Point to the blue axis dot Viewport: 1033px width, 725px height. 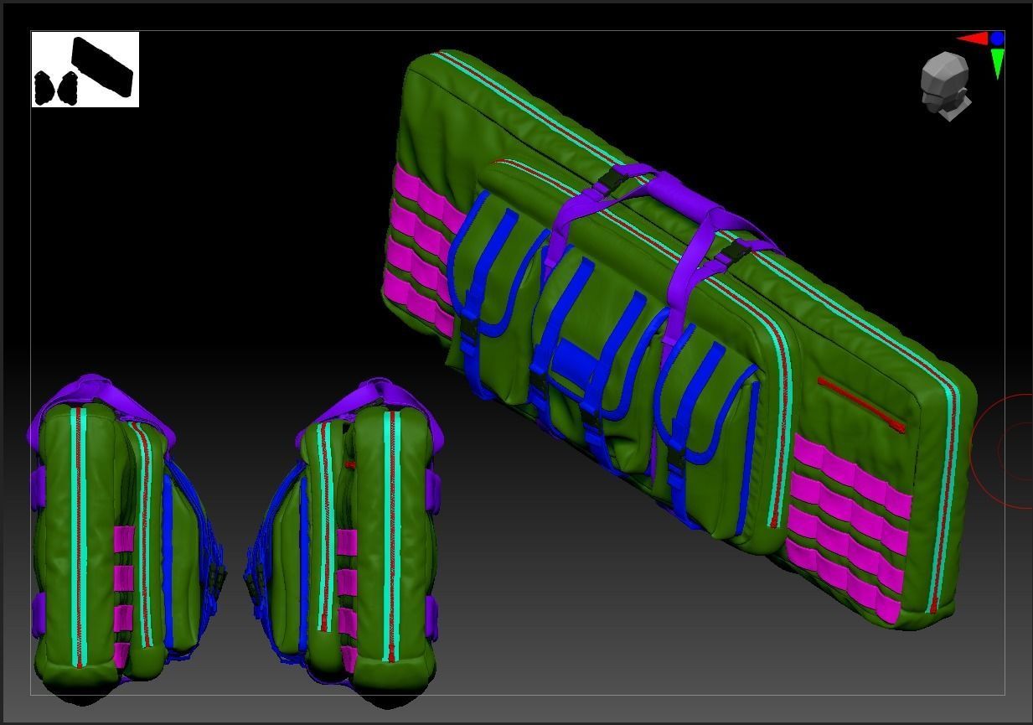tap(997, 39)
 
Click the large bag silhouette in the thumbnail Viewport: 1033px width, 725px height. tap(102, 66)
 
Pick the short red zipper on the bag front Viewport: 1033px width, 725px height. tap(861, 404)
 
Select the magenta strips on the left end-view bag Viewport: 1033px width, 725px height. tap(123, 595)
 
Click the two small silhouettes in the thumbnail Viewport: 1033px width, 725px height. tap(55, 87)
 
